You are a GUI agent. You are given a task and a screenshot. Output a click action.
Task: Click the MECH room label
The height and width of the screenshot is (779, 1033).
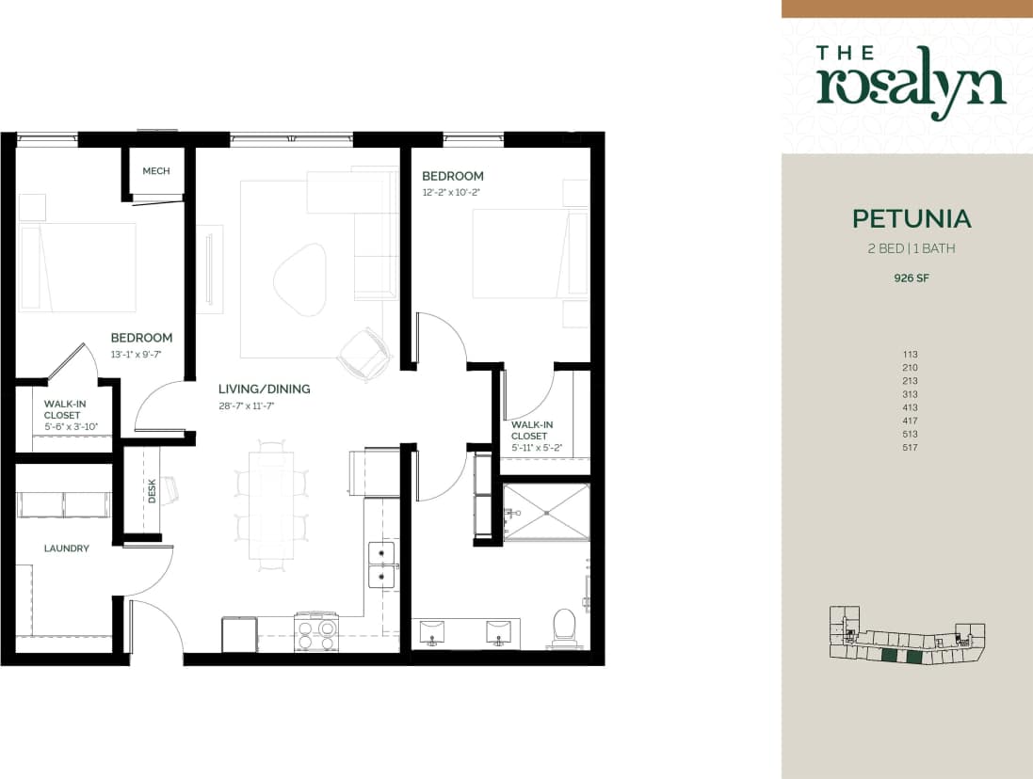[156, 171]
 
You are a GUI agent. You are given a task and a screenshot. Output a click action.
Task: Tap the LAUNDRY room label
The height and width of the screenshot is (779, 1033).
[66, 548]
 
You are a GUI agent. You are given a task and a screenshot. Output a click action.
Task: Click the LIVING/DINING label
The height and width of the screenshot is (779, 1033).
[264, 389]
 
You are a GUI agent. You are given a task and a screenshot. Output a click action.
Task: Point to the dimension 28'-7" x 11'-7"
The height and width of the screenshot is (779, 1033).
[250, 406]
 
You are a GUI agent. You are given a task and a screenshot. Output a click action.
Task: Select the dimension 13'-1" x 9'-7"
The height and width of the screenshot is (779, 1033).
[136, 355]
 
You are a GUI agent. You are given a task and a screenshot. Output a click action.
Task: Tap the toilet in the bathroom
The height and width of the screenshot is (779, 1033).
[563, 628]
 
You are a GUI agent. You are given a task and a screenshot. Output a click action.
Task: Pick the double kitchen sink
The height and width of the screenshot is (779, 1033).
[381, 564]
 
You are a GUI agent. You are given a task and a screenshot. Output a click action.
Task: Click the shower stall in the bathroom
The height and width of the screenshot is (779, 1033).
[546, 513]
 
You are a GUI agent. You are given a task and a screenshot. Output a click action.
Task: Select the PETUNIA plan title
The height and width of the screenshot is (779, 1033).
[911, 218]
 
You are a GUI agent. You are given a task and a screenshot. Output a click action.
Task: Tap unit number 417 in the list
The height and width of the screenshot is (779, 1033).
[909, 421]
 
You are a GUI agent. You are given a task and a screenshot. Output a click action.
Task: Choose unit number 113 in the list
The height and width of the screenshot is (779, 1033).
[909, 355]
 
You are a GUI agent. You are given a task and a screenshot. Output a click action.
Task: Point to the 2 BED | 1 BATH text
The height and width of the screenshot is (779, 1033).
[910, 249]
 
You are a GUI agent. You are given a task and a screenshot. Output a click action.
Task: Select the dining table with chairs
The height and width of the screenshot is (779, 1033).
[271, 505]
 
